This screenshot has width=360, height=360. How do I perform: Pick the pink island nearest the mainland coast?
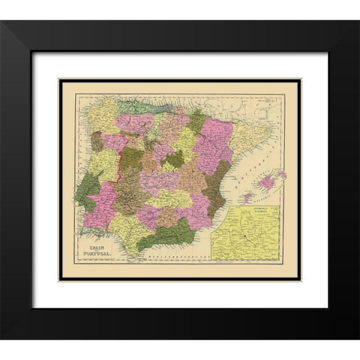click(x=245, y=198)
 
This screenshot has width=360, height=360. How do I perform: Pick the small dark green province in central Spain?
click(x=175, y=158)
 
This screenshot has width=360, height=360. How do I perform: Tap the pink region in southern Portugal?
click(x=100, y=206)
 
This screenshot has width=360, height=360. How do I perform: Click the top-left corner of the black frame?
click(x=2, y=22)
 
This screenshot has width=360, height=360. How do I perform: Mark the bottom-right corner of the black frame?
click(x=357, y=338)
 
